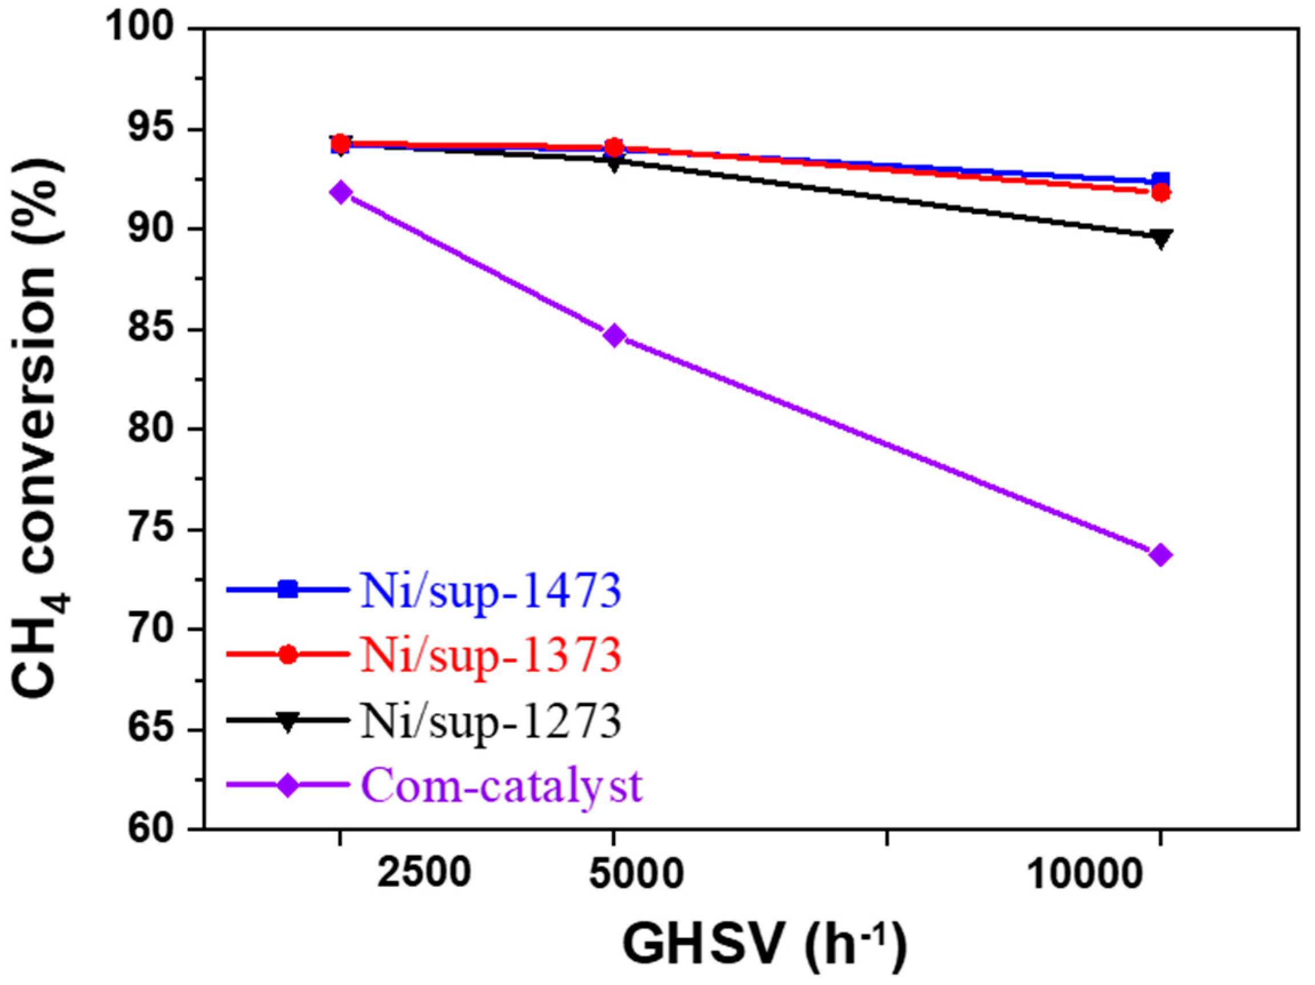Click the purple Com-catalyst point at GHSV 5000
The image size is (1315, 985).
[616, 336]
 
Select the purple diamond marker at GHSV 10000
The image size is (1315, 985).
[1160, 556]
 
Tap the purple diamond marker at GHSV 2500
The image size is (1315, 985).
[340, 193]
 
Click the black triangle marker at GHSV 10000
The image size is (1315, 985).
[1160, 238]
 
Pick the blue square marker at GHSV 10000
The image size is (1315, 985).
[1160, 181]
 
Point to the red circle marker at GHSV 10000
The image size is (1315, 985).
[1160, 193]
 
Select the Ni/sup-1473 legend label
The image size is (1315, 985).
[491, 590]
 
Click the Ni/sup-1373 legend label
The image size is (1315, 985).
[491, 655]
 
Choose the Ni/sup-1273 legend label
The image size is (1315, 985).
[491, 720]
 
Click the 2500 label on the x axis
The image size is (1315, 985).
[424, 874]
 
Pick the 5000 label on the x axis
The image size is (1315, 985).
[636, 874]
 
